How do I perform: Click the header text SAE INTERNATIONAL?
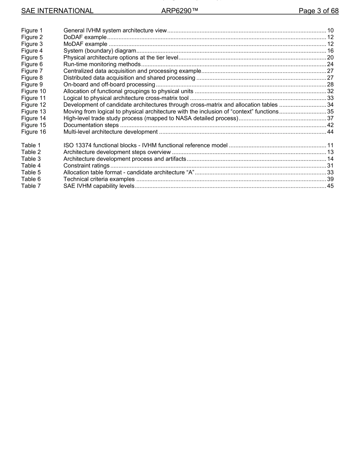[x=57, y=11]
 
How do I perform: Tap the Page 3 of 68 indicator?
[x=318, y=11]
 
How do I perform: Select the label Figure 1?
[x=32, y=30]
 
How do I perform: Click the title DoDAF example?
[x=85, y=37]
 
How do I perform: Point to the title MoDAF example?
[x=85, y=44]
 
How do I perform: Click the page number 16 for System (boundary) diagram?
[x=330, y=51]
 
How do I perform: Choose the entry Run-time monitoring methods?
[x=102, y=64]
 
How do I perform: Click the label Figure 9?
[x=32, y=84]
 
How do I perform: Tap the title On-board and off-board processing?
[x=109, y=84]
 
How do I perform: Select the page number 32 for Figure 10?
[x=330, y=91]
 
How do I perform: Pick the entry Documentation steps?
[x=91, y=125]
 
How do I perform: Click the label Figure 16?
[x=34, y=132]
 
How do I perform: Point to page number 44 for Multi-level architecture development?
[x=330, y=132]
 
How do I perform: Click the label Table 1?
[x=31, y=145]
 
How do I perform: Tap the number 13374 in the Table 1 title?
[x=84, y=145]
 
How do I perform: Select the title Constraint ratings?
[x=86, y=165]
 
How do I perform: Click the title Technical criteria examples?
[x=99, y=179]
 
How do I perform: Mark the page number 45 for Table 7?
[x=330, y=186]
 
